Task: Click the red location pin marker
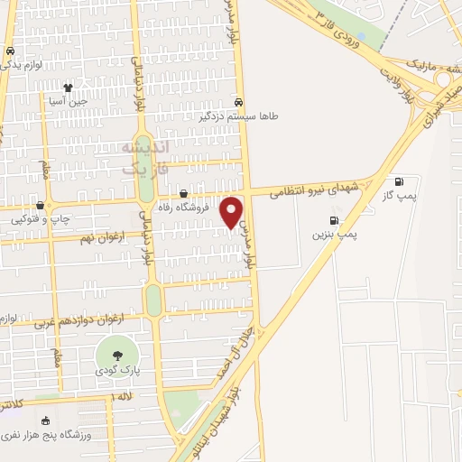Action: tap(232, 211)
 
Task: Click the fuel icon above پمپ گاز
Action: tap(398, 181)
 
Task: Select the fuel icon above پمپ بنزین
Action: tap(336, 221)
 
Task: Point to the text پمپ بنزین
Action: tap(335, 235)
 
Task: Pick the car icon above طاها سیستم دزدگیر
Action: tap(238, 102)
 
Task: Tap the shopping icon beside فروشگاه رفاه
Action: tap(183, 193)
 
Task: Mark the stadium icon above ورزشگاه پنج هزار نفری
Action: tap(45, 420)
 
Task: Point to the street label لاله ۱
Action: tap(122, 397)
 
